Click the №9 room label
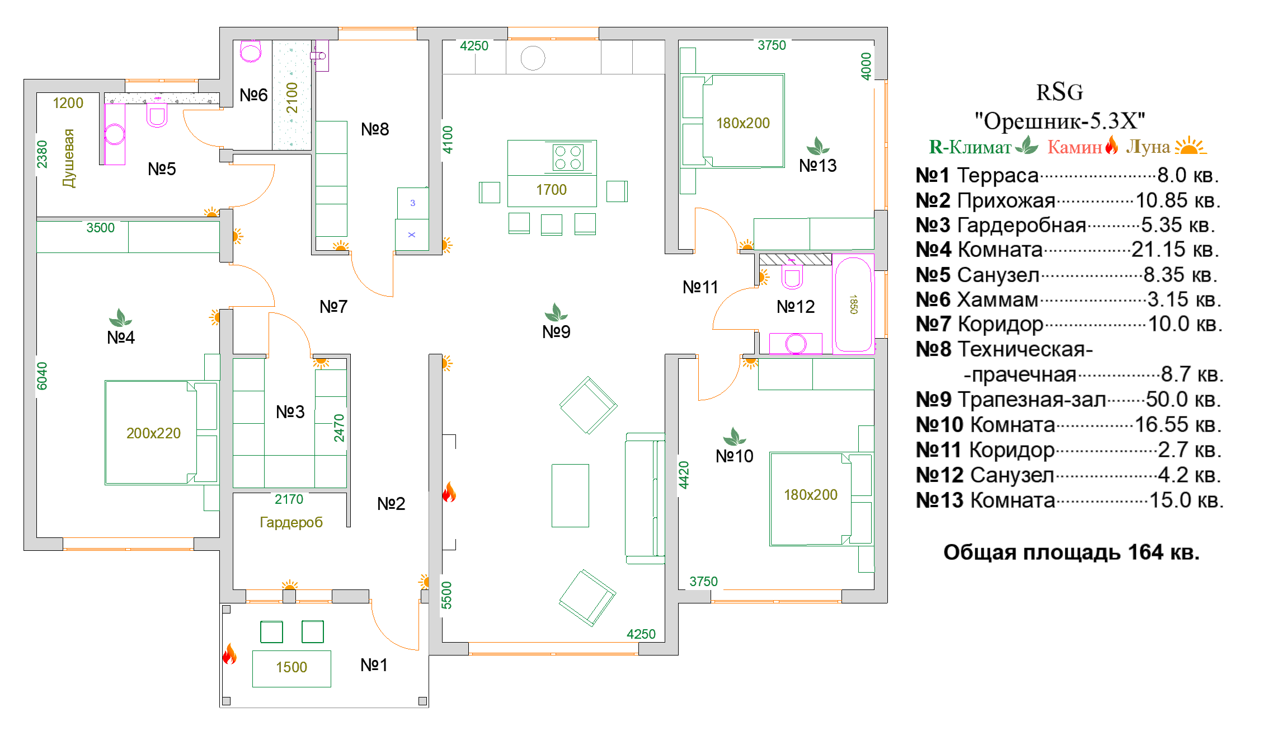[556, 332]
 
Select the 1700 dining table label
[552, 190]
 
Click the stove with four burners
[568, 157]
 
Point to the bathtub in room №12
[853, 305]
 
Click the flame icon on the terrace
[229, 654]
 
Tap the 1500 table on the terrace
[291, 668]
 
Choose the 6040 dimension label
[42, 376]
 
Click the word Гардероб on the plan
[291, 522]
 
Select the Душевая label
[68, 158]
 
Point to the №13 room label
[817, 166]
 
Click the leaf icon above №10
[734, 436]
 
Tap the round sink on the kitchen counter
[533, 58]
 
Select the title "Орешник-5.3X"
[1060, 121]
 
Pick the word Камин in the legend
[1075, 147]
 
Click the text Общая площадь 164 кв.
[1071, 553]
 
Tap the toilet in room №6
[251, 52]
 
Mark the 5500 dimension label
[446, 595]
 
